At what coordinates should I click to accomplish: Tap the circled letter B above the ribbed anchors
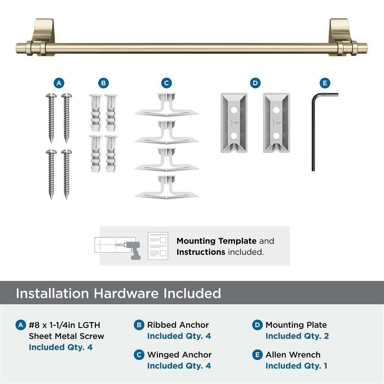pyautogui.click(x=103, y=83)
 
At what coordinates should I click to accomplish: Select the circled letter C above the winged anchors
pyautogui.click(x=166, y=83)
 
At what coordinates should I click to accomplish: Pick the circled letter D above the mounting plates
pyautogui.click(x=255, y=83)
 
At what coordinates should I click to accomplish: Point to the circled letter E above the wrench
pyautogui.click(x=325, y=83)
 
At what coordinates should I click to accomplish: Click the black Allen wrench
pyautogui.click(x=314, y=131)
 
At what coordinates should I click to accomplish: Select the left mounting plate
pyautogui.click(x=234, y=123)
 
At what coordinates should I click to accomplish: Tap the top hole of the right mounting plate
pyautogui.click(x=277, y=110)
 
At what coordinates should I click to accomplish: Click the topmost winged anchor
pyautogui.click(x=166, y=105)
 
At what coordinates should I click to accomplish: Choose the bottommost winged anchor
pyautogui.click(x=166, y=186)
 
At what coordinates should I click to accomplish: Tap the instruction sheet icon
pyautogui.click(x=157, y=246)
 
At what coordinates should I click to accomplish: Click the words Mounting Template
pyautogui.click(x=216, y=241)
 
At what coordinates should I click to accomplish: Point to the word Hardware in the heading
pyautogui.click(x=126, y=293)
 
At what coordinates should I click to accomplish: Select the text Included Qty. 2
pyautogui.click(x=297, y=336)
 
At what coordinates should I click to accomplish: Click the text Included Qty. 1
pyautogui.click(x=296, y=366)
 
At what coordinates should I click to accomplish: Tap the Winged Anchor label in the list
pyautogui.click(x=179, y=355)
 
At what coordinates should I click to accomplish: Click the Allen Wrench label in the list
pyautogui.click(x=293, y=355)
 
